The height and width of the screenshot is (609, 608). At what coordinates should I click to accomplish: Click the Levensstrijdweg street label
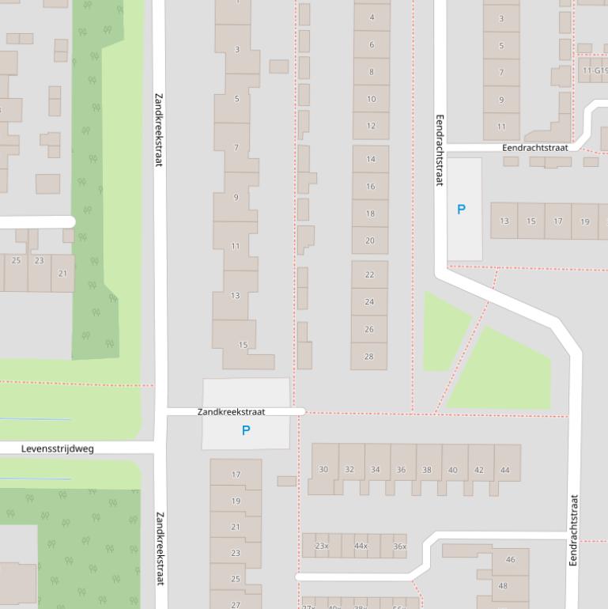(57, 448)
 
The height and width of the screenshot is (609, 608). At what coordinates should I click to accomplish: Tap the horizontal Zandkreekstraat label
(231, 412)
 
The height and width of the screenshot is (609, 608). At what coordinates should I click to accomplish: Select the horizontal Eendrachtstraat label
(535, 148)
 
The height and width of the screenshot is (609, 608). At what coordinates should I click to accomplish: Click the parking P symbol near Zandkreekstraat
(246, 431)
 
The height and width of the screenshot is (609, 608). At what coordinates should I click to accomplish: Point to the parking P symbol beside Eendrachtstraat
(462, 210)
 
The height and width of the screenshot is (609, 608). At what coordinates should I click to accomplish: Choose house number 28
(368, 357)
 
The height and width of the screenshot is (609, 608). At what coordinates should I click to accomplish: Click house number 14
(370, 159)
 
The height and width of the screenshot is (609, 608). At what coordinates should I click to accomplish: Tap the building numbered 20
(370, 240)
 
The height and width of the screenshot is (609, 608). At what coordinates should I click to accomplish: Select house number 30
(323, 470)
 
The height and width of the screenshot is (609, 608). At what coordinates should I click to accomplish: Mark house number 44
(505, 470)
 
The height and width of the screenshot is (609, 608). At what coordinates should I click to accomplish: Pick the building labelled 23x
(322, 546)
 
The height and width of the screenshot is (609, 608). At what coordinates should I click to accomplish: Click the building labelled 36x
(399, 546)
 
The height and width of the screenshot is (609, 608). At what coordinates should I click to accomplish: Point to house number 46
(510, 560)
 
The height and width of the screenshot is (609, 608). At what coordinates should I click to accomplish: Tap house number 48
(503, 586)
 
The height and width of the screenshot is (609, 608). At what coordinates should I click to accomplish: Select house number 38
(427, 470)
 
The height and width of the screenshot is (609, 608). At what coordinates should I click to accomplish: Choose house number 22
(369, 275)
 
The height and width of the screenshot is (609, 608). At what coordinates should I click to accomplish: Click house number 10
(371, 99)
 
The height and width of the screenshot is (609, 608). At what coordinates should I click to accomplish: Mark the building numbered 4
(372, 17)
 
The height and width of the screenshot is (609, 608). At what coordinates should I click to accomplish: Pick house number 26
(368, 329)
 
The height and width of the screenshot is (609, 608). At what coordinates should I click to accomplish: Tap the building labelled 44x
(361, 546)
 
